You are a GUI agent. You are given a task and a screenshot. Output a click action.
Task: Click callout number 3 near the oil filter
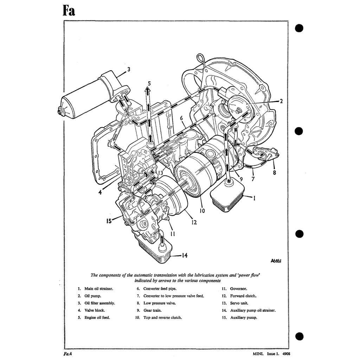[129, 70]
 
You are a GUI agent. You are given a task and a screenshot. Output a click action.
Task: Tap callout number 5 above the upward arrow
[149, 84]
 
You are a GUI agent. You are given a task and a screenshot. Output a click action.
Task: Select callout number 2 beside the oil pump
[281, 101]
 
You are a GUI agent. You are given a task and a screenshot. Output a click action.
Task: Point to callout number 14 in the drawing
[185, 256]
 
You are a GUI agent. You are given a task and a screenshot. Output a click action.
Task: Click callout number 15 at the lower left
[109, 221]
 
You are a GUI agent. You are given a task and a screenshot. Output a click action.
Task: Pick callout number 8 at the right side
[274, 173]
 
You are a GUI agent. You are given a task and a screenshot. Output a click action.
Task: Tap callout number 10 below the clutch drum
[202, 211]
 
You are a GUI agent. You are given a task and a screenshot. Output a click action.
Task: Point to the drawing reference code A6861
[277, 261]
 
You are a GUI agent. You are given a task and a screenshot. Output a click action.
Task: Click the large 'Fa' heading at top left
[69, 11]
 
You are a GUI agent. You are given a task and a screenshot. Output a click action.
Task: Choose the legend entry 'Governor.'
[239, 289]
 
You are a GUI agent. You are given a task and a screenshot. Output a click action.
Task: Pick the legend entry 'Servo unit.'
[240, 303]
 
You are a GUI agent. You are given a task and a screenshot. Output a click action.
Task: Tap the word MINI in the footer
[258, 355]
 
